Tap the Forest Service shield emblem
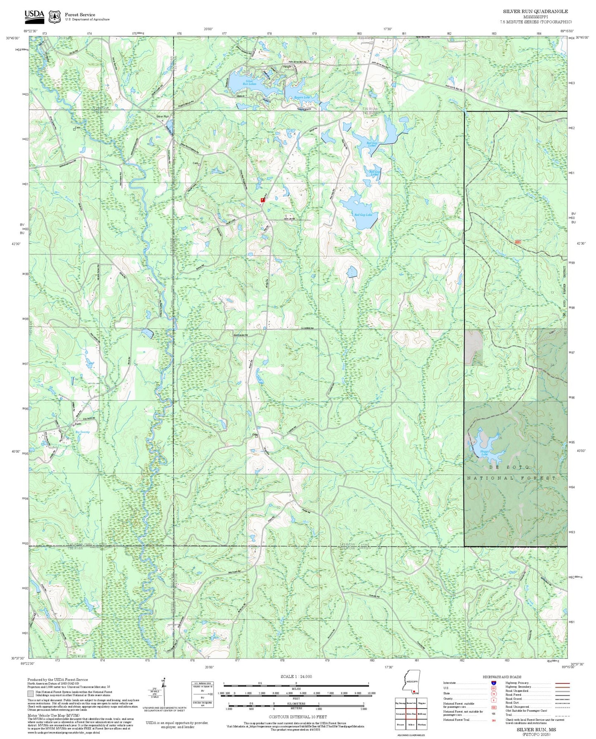tap(54, 17)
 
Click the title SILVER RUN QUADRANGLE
tap(535, 12)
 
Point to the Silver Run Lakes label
tap(249, 82)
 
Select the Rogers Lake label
tap(302, 97)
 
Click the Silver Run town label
tap(163, 117)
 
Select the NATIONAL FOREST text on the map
tap(511, 478)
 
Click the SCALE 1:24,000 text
tap(296, 676)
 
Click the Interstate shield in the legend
tap(493, 683)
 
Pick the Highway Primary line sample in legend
tap(563, 683)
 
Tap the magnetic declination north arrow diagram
tap(164, 693)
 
